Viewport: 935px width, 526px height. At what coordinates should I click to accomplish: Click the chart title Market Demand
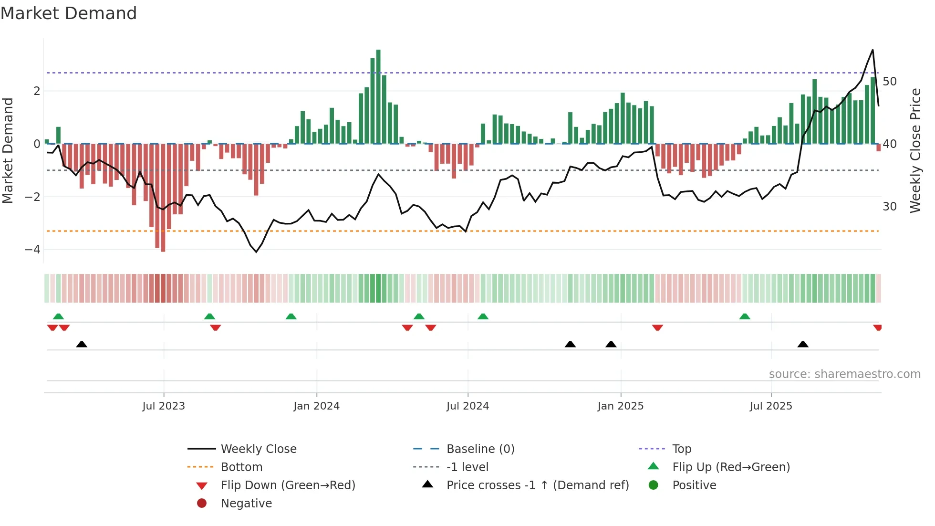point(69,13)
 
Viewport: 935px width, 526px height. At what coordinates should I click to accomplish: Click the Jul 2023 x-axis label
point(163,406)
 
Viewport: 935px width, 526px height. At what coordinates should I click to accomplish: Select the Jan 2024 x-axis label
point(316,406)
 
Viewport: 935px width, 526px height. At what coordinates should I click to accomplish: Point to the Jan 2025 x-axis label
point(620,406)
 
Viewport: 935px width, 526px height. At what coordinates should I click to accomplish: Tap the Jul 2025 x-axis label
point(770,406)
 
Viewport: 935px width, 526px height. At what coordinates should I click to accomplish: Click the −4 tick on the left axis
point(32,250)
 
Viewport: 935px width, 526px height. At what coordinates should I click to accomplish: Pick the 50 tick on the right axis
point(889,82)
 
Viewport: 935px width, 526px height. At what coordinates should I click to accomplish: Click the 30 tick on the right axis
point(889,207)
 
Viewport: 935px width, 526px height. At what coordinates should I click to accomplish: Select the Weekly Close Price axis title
point(915,150)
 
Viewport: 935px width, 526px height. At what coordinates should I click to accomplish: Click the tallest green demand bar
point(378,95)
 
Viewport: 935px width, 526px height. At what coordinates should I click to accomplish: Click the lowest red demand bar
point(163,198)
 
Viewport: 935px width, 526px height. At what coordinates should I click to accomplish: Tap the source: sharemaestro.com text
point(844,374)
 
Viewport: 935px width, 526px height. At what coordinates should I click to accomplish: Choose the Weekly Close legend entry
point(258,449)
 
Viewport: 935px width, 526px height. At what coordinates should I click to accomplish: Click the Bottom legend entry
point(241,467)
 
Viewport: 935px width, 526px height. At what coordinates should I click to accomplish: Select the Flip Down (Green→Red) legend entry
point(288,485)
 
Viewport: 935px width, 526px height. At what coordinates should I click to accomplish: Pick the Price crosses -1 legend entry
point(537,485)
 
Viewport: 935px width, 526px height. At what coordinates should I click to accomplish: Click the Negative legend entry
point(246,504)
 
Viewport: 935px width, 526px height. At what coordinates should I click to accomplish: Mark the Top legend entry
point(681,449)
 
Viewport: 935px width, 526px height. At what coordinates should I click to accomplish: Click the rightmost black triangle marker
point(803,345)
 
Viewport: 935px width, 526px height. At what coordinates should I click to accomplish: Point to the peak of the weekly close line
point(873,50)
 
